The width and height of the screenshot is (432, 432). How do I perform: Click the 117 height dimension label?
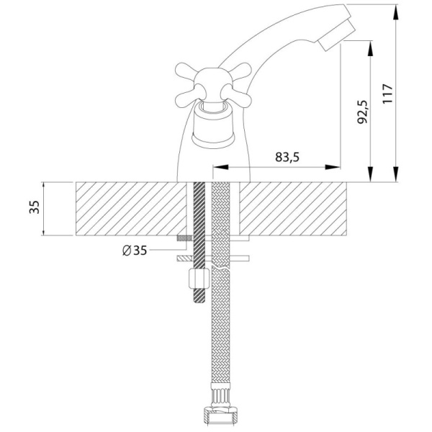click(387, 94)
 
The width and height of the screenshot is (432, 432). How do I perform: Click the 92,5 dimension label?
click(363, 112)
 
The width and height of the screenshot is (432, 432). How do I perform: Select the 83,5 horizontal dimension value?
click(287, 157)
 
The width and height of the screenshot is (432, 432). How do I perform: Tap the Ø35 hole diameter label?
click(135, 251)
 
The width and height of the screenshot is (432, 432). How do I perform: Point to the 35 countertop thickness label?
click(35, 207)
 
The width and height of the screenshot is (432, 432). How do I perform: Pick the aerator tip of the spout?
click(336, 35)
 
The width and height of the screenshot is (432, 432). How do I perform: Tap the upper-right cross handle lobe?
click(241, 71)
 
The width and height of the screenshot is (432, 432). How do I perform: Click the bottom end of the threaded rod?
click(199, 302)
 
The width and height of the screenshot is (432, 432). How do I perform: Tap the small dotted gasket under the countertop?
click(185, 238)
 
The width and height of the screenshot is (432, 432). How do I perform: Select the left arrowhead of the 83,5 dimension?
click(221, 167)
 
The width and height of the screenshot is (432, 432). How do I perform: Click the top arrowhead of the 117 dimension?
click(395, 12)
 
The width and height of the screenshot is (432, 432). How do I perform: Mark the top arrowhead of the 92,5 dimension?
click(371, 48)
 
